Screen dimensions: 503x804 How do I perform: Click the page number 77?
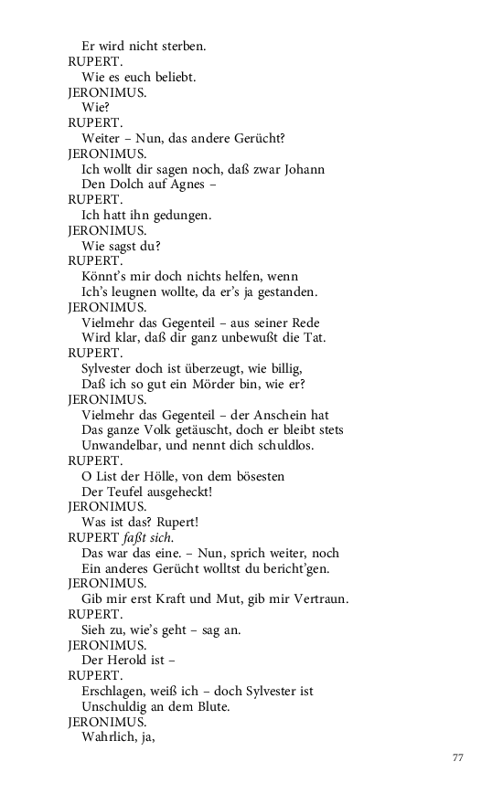pos(458,757)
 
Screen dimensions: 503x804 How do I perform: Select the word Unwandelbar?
pos(122,446)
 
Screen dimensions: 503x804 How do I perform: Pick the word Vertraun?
pos(318,599)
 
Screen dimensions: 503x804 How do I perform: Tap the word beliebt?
pos(174,77)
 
